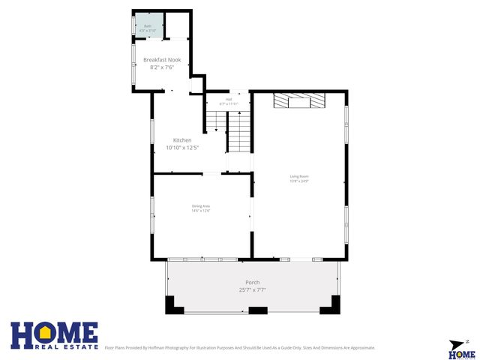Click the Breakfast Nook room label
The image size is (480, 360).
tap(162, 59)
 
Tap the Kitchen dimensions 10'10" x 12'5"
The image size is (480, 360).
tap(182, 148)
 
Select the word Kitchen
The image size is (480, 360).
tap(182, 140)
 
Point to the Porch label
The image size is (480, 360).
tap(253, 282)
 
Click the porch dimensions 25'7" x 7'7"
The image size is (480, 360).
tap(253, 289)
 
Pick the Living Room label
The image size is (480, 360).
tap(300, 177)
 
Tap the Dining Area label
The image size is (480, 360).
tap(201, 205)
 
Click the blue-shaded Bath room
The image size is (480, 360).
tap(147, 25)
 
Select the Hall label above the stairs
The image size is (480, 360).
tap(229, 99)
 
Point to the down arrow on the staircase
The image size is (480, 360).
tap(216, 130)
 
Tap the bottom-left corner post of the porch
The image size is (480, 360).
tap(172, 305)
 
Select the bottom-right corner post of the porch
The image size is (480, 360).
tap(331, 305)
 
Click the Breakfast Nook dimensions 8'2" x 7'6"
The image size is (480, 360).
tap(162, 67)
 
